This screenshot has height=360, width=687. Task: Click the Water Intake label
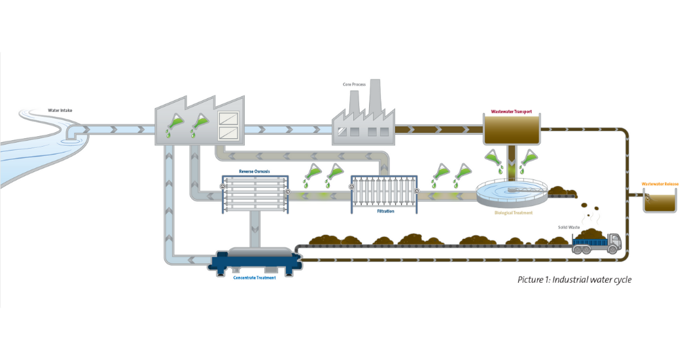click(60, 110)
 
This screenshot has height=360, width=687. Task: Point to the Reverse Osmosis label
click(254, 171)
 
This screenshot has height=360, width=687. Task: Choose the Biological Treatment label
click(513, 213)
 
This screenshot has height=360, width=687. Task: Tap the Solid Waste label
click(569, 226)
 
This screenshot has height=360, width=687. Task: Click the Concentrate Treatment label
click(255, 278)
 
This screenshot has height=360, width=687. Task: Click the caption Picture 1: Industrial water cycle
click(574, 279)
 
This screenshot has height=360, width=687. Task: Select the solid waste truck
click(595, 243)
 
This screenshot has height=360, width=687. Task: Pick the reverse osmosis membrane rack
click(255, 194)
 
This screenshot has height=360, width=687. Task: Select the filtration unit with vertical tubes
click(384, 193)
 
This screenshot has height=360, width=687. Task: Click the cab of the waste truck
click(614, 243)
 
